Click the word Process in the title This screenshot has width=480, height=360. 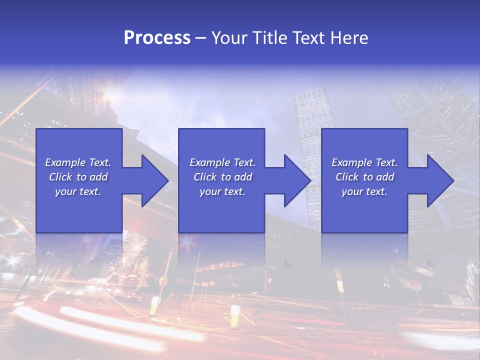157,38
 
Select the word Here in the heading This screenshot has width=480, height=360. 348,38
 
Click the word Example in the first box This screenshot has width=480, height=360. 65,162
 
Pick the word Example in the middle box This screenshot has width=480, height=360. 210,162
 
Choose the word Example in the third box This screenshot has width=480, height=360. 352,162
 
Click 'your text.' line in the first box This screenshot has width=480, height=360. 78,191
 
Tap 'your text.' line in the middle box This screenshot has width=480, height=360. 222,191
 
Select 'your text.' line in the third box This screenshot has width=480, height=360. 364,191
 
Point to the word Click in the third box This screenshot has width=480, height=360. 347,177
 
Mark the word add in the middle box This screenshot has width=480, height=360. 243,177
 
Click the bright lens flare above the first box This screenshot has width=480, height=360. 113,91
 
